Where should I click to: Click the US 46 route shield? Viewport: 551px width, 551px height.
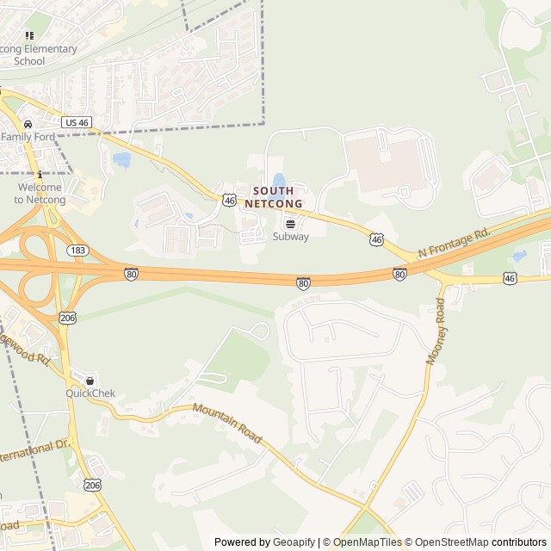click(x=77, y=123)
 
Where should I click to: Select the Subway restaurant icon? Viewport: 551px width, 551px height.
click(x=290, y=222)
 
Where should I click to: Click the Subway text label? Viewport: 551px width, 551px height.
click(x=290, y=237)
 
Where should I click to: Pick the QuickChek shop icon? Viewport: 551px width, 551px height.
click(x=90, y=381)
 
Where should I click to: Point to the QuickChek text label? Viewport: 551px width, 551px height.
click(x=90, y=394)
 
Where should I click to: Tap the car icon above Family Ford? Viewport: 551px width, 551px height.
click(x=28, y=123)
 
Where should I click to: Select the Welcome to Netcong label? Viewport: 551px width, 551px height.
click(x=39, y=194)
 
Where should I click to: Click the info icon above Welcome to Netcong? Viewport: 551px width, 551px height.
click(x=40, y=175)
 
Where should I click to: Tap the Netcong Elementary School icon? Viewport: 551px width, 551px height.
click(x=28, y=36)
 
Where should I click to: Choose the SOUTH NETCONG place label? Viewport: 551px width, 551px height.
click(x=274, y=197)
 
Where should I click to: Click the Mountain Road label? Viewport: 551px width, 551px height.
click(x=227, y=424)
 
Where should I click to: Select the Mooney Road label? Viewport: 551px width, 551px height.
click(x=435, y=331)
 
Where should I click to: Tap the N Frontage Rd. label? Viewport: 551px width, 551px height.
click(x=453, y=242)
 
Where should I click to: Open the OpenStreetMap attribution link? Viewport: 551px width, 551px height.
click(x=448, y=542)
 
